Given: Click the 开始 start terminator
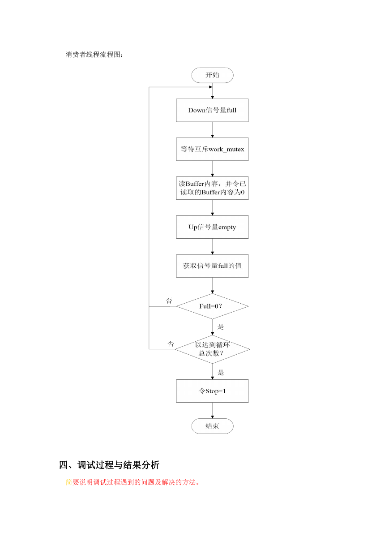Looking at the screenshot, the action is pos(212,75).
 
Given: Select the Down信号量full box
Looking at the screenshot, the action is pos(212,110).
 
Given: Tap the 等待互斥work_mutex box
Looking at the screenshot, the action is pos(212,149).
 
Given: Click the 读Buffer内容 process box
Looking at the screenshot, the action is pos(212,188).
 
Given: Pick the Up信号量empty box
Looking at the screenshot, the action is pos(212,227).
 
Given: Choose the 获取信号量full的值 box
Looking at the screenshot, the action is pos(212,266).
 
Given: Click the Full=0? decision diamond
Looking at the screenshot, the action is pos(212,306).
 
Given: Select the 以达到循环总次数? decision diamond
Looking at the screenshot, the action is pos(212,349).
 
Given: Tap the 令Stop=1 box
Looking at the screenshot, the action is pos(212,391).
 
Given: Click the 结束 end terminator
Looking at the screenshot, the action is pos(212,426).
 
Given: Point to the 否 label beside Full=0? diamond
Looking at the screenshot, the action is pos(169,301).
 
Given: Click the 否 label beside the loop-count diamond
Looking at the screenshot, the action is pos(171,344).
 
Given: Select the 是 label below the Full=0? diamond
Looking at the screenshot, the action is pos(221,327).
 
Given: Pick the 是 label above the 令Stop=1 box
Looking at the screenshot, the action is pos(221,373).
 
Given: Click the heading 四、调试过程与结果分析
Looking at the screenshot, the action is pos(109,465).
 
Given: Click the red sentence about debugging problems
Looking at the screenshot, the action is pos(133,482).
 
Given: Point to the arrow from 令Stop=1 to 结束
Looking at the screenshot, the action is pos(212,411).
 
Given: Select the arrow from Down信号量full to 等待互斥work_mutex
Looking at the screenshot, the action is pos(212,129).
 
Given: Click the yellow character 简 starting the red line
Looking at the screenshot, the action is pos(69,482).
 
